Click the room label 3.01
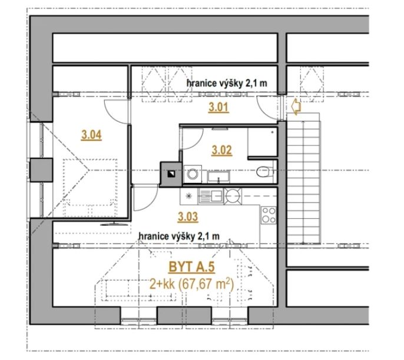[x=218, y=107]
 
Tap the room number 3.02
[x=221, y=150]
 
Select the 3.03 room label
[x=188, y=216]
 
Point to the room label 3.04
[x=91, y=135]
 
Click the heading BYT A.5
[x=192, y=267]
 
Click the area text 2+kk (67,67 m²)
[x=192, y=284]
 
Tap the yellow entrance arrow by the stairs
[x=296, y=106]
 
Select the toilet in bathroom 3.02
[x=264, y=172]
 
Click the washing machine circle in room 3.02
[x=192, y=174]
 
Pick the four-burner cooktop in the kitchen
[x=269, y=215]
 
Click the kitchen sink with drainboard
[x=210, y=196]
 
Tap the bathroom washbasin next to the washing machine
[x=218, y=177]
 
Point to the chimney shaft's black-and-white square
[x=171, y=174]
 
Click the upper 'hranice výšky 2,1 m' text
[x=227, y=84]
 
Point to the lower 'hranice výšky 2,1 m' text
[x=179, y=236]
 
